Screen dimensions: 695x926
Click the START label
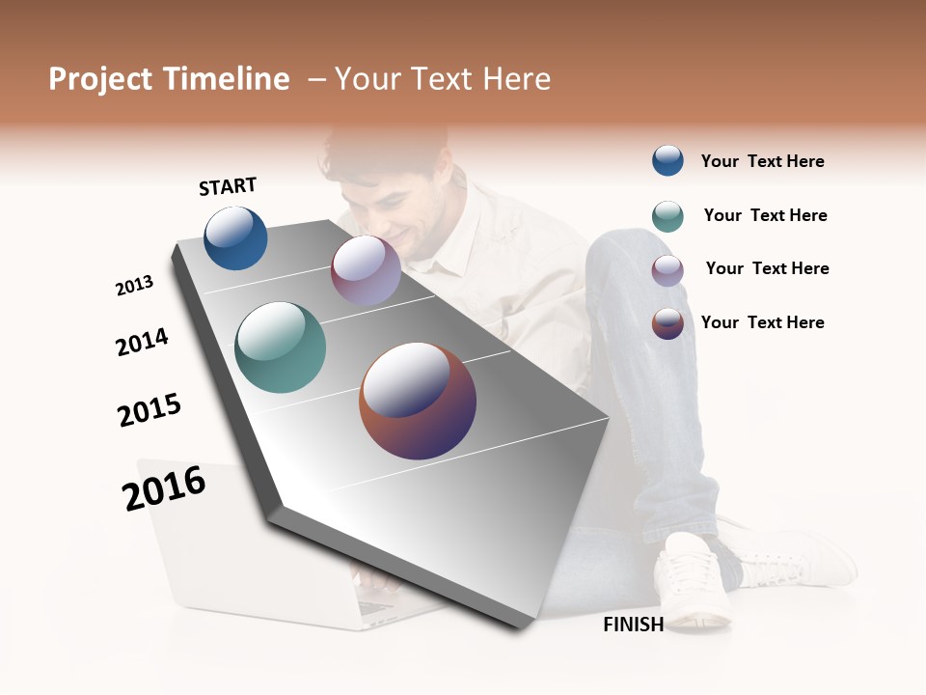(x=228, y=186)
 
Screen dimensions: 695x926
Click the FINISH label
(x=633, y=625)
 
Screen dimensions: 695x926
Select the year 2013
(x=134, y=286)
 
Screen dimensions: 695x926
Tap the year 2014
(x=142, y=342)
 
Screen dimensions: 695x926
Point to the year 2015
(x=150, y=410)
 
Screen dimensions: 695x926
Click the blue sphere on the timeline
(x=235, y=237)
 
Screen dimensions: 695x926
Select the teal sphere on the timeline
(x=280, y=347)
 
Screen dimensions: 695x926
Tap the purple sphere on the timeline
(x=366, y=270)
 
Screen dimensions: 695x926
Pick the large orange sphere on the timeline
(x=418, y=401)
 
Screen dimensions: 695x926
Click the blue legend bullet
(x=667, y=160)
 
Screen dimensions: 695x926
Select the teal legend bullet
(x=667, y=215)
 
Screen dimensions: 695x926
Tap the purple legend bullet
(x=667, y=269)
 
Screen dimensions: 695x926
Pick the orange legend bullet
(x=667, y=322)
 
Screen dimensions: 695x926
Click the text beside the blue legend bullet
(x=762, y=161)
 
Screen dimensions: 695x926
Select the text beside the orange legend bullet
(x=762, y=322)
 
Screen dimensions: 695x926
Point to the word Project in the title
(x=101, y=79)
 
